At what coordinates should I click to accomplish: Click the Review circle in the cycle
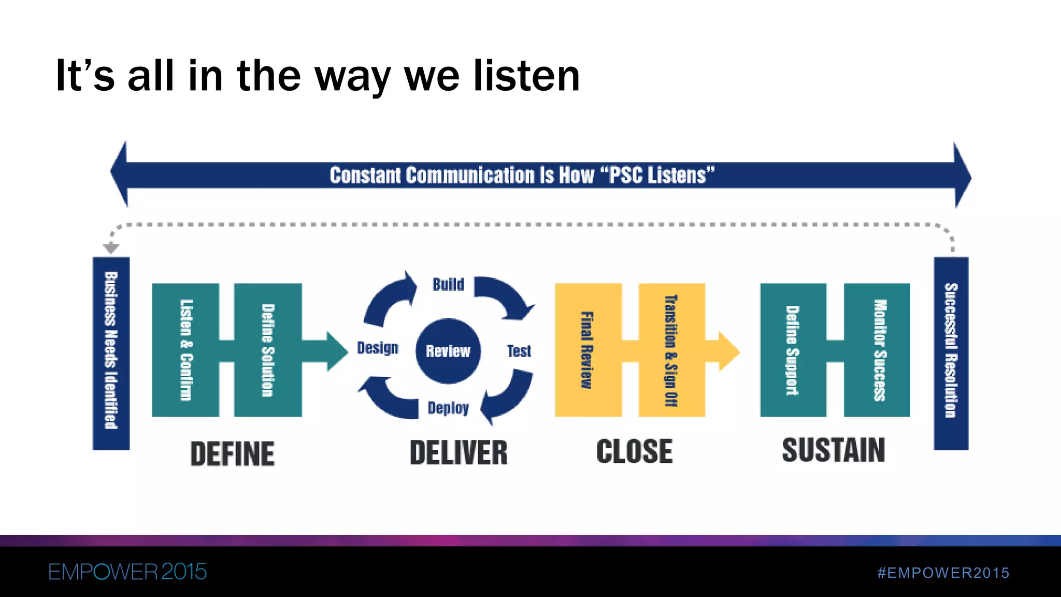448,351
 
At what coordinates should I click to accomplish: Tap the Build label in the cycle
448,285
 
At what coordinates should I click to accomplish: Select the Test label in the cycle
519,351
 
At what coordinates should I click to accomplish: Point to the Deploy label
448,408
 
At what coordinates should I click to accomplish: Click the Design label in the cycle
378,348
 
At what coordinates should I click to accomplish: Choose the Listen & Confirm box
185,350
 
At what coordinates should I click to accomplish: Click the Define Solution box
268,350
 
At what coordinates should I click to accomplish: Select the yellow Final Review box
588,350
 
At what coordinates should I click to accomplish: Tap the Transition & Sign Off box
671,350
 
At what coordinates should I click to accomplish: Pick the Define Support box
793,350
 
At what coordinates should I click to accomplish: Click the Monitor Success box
877,350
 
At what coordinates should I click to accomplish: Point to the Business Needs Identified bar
111,352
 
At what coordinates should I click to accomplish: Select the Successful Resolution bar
951,352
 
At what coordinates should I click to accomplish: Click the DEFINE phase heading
232,454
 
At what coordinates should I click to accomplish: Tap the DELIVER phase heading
458,453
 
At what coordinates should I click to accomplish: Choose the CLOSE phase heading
634,451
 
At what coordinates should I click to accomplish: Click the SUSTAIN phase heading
833,450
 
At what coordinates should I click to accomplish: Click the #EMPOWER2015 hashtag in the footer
943,573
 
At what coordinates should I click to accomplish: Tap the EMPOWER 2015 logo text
127,572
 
